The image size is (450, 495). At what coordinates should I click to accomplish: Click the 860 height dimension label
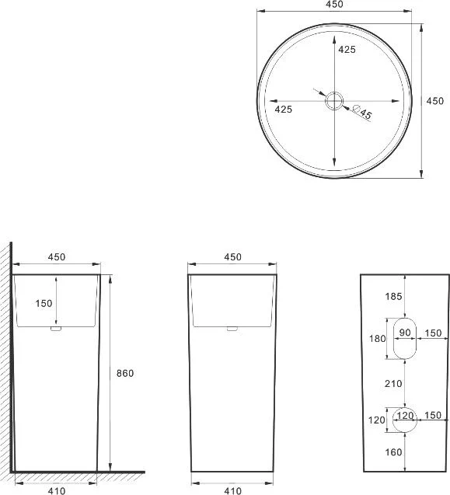click(124, 373)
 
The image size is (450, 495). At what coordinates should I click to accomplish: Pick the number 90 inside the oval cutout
click(405, 333)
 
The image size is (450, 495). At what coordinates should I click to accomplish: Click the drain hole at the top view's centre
click(334, 100)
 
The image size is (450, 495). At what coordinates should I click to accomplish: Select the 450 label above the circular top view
click(334, 5)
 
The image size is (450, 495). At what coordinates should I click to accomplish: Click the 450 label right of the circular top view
click(435, 101)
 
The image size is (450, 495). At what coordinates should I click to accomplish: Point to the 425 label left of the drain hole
click(284, 110)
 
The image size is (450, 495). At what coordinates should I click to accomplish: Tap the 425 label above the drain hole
click(347, 50)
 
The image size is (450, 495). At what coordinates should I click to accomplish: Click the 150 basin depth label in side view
click(44, 303)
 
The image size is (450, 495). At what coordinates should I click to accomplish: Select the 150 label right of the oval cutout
click(433, 333)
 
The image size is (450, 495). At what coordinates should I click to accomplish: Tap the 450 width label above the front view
click(232, 257)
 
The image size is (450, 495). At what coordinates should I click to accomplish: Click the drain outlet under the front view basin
click(232, 329)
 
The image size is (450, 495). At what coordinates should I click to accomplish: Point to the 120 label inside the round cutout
click(405, 416)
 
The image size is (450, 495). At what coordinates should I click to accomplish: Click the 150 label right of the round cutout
click(433, 416)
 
